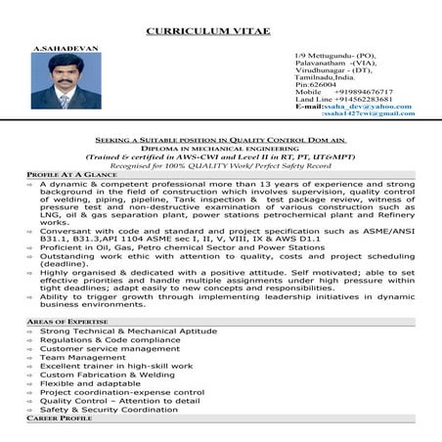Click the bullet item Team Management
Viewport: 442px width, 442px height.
83,357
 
